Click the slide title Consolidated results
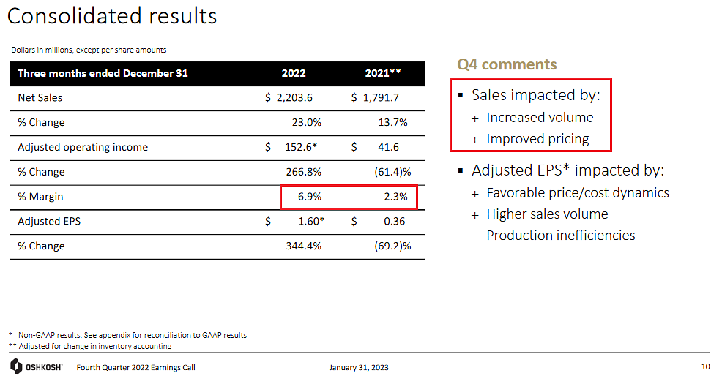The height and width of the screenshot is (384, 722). point(112,16)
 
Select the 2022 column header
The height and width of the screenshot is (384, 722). point(294,73)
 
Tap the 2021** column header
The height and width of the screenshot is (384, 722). point(383,73)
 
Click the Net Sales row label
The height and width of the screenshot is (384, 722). point(40,97)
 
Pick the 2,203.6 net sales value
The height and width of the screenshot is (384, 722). point(294,97)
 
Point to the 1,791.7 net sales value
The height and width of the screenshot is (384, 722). point(381,97)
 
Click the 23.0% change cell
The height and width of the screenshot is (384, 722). point(307,122)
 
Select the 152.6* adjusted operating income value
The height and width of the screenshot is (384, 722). point(301,147)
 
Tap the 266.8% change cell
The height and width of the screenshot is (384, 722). point(304,172)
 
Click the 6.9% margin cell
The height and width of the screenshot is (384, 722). point(310,197)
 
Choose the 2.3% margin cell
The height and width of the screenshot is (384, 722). point(396,197)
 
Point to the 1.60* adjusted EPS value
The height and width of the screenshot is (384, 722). point(311,221)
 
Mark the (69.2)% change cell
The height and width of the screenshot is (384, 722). point(392,246)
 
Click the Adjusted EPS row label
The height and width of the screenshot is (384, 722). point(49,221)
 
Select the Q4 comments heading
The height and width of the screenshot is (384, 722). point(507,64)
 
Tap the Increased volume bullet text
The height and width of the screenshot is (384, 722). point(540,118)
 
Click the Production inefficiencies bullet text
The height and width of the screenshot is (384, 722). point(561,236)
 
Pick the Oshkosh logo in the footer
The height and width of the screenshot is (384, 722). point(36,366)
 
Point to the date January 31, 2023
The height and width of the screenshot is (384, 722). point(359,367)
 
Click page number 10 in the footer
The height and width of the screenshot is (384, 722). point(705,366)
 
